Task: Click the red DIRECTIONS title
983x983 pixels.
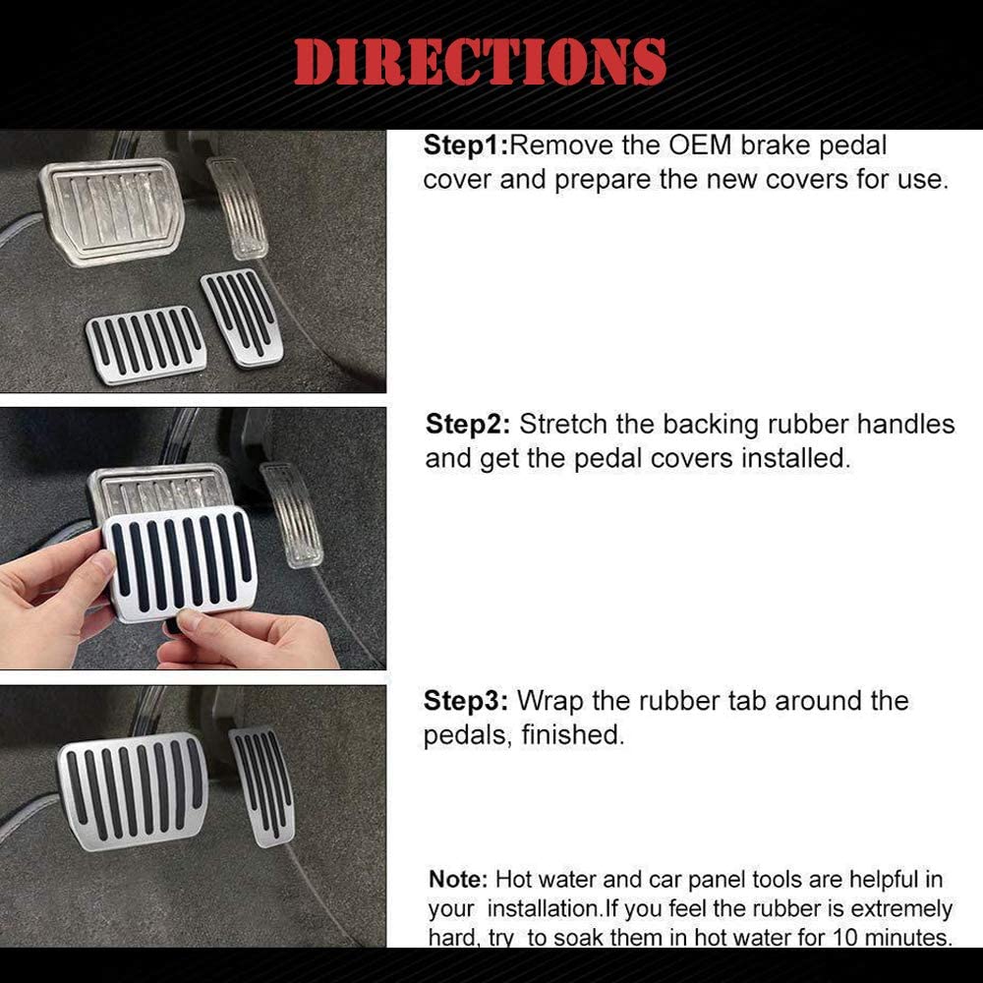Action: pyautogui.click(x=480, y=61)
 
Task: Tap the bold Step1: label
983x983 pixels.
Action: pyautogui.click(x=466, y=145)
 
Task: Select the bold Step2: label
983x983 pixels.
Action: pyautogui.click(x=468, y=425)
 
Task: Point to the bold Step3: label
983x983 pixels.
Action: pyautogui.click(x=466, y=701)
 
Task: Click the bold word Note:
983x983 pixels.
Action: pyautogui.click(x=458, y=879)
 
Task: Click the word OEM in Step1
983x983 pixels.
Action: pyautogui.click(x=700, y=145)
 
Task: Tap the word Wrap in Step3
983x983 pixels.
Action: pyautogui.click(x=549, y=702)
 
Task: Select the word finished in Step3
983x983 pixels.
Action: pyautogui.click(x=572, y=734)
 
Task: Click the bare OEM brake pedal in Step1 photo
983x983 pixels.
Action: pyautogui.click(x=113, y=210)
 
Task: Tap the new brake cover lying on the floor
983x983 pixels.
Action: pyautogui.click(x=146, y=344)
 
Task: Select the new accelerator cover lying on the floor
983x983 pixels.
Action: pyautogui.click(x=242, y=318)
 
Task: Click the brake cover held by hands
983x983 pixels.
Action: pyautogui.click(x=181, y=563)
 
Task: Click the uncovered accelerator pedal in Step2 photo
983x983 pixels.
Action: pyautogui.click(x=292, y=515)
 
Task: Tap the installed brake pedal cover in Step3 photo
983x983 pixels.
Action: pyautogui.click(x=134, y=791)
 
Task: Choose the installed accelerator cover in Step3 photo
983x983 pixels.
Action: pyautogui.click(x=262, y=786)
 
